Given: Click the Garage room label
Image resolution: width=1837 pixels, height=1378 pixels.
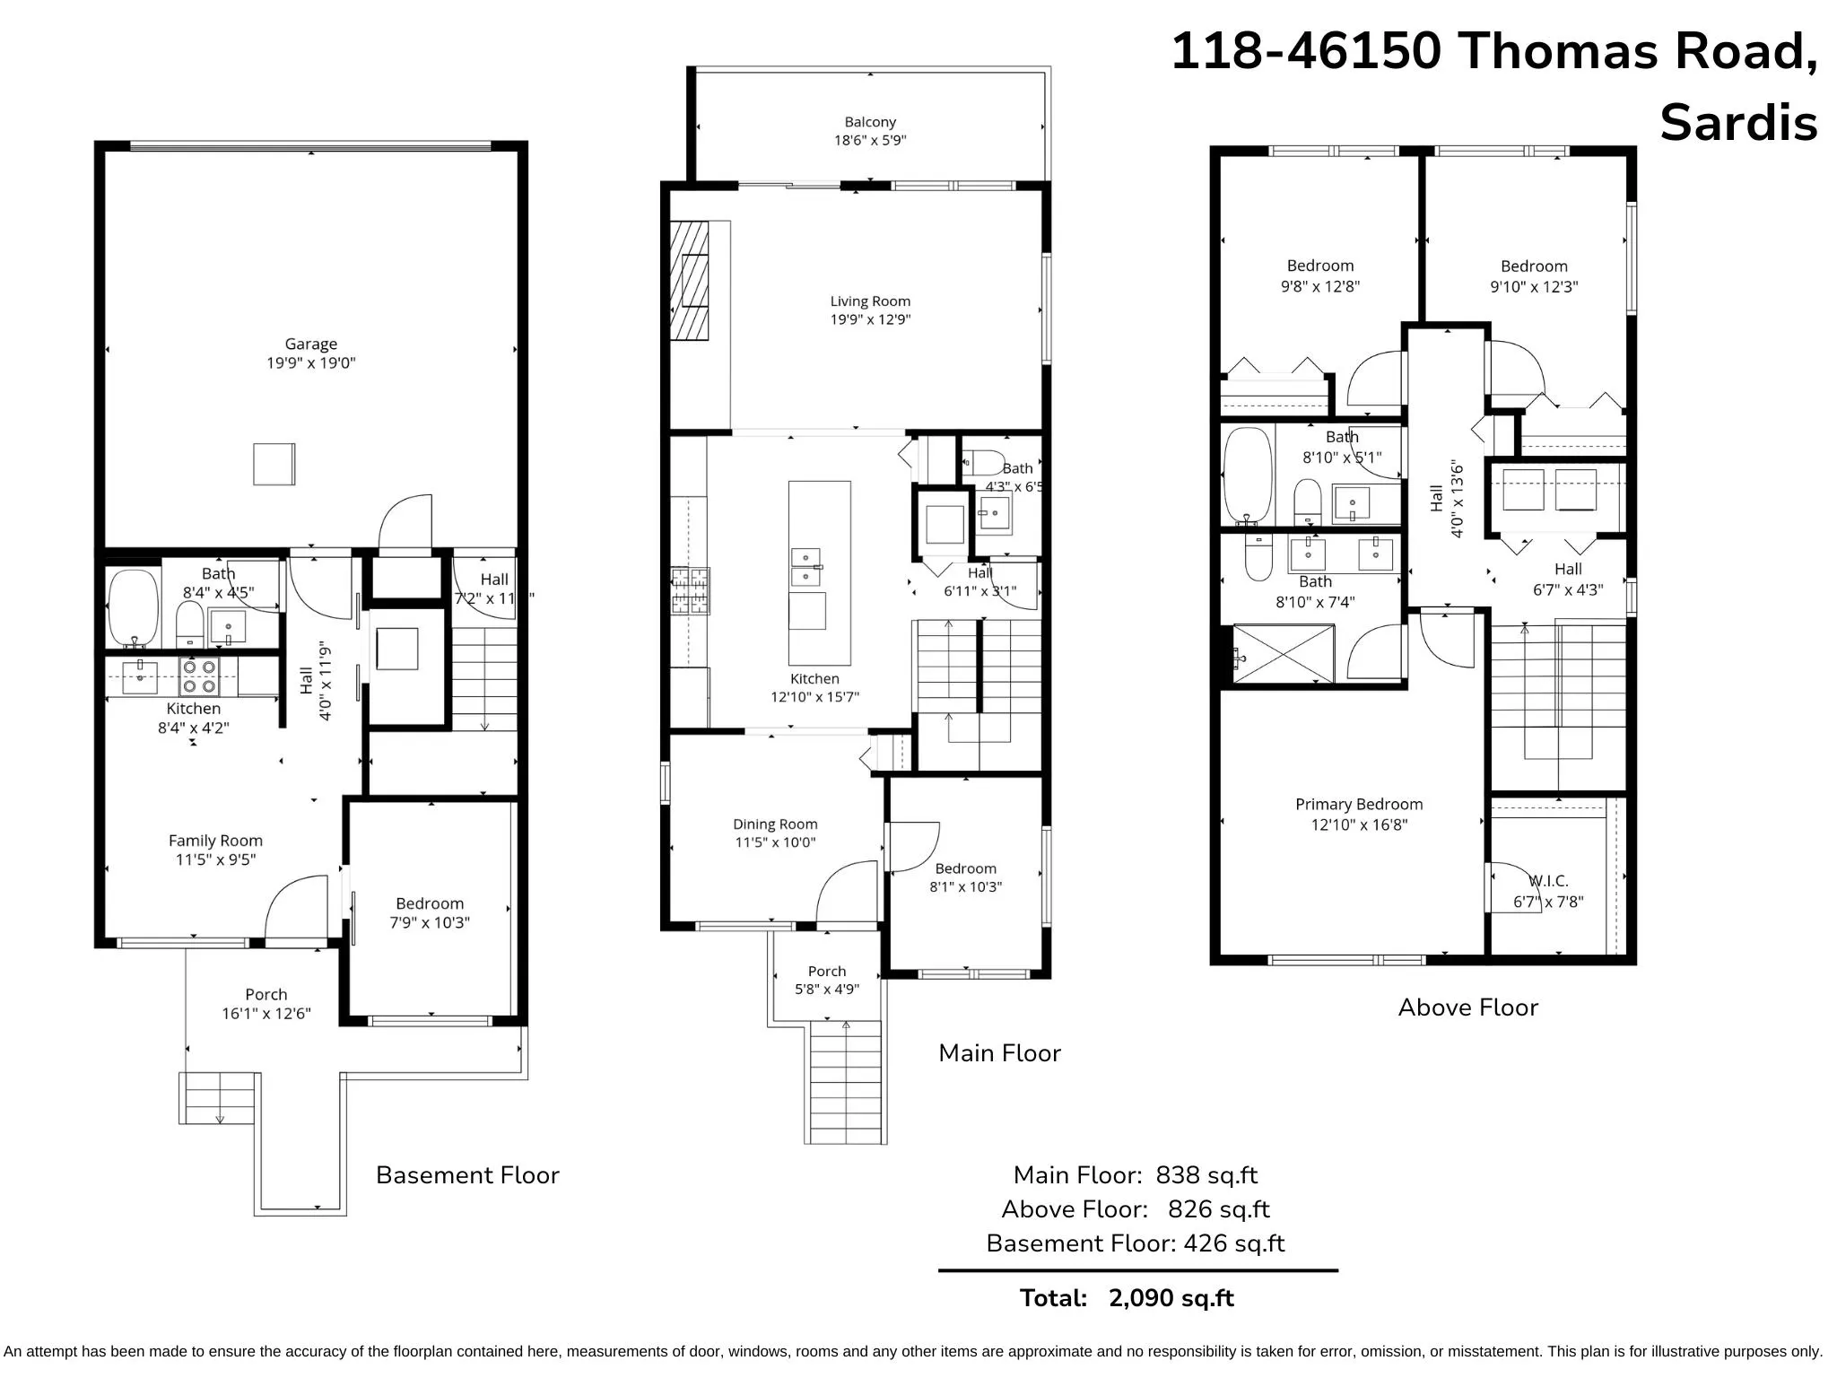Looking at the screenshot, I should coord(310,344).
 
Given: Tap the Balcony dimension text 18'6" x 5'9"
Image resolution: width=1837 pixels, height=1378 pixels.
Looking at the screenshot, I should coord(870,140).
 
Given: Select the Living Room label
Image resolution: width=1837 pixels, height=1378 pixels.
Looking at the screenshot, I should coord(870,301).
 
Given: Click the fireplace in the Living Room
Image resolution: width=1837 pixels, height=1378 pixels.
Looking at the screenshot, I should coord(690,281).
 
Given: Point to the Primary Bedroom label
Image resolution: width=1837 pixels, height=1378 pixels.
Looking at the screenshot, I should coord(1359,805).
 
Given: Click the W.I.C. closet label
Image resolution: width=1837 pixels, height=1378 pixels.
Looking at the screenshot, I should coord(1549,881).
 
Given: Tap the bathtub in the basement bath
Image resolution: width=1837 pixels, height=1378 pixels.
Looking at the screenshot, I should coord(133,607).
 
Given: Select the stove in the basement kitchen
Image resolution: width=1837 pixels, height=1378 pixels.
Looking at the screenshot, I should coord(199,676).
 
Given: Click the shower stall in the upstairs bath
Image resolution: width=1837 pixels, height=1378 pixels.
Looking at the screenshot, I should coord(1283,654).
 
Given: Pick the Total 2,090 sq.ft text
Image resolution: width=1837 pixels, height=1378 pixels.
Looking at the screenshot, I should coord(1127,1298).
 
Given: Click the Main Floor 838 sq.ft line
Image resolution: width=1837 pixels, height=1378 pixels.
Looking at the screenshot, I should coord(1135,1175).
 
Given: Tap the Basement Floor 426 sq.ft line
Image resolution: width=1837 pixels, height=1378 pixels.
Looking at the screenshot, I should coord(1135,1243).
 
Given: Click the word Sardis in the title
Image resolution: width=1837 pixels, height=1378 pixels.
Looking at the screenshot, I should coord(1737,123).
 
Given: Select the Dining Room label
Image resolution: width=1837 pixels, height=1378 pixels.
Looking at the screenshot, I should coord(775,824).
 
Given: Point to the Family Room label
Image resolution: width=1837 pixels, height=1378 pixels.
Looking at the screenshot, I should coord(215,841).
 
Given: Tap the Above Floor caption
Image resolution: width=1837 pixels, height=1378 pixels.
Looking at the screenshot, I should coord(1467,1007).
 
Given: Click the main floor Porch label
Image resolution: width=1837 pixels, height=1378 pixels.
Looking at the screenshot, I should coord(826,972).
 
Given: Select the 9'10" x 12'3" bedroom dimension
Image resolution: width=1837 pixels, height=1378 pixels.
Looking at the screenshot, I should coord(1534,287).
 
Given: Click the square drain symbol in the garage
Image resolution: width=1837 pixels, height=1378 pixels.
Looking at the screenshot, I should coord(274,464).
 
